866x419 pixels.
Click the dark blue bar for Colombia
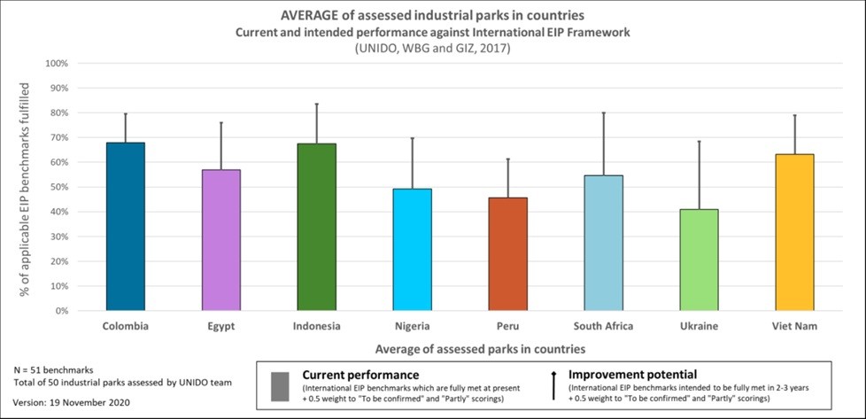(126, 227)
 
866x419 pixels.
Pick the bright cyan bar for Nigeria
(413, 250)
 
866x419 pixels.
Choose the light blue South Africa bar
(604, 243)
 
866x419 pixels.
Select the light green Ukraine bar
(700, 260)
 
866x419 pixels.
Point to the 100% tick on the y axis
(55, 64)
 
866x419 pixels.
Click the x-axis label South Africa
(603, 326)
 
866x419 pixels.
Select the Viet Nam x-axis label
(795, 326)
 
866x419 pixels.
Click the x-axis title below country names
(480, 348)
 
